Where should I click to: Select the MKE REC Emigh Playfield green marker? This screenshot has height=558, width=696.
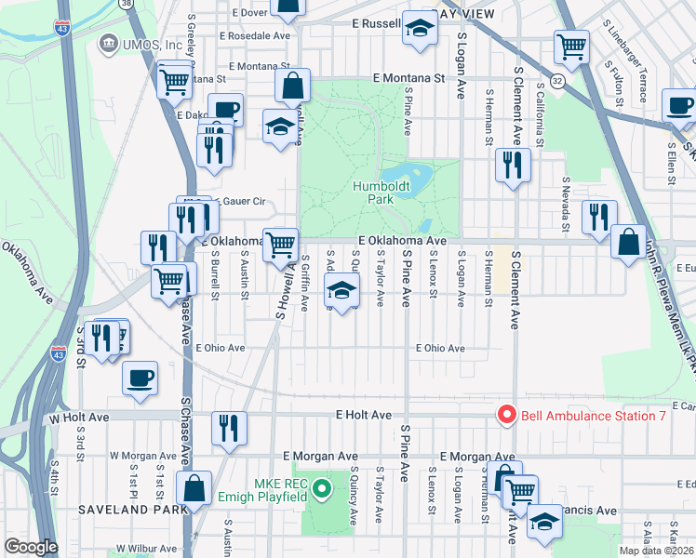pos(321,486)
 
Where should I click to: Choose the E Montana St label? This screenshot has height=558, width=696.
pos(408,79)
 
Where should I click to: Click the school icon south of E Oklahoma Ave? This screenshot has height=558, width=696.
pos(341,292)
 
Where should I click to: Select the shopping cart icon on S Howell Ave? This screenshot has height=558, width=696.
pos(280,246)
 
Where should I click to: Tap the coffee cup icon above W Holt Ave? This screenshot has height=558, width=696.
pos(140,378)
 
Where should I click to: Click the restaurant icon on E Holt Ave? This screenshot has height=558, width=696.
pos(229,428)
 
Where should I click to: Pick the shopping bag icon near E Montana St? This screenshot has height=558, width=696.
pos(293,86)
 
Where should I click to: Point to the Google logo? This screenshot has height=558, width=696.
pos(30,547)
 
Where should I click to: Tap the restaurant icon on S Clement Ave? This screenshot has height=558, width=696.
pos(512,166)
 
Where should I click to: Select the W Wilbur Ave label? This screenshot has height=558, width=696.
pos(143,549)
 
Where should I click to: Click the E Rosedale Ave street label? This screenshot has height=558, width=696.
pos(254,36)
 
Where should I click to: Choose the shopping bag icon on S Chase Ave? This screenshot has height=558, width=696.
pos(194,487)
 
